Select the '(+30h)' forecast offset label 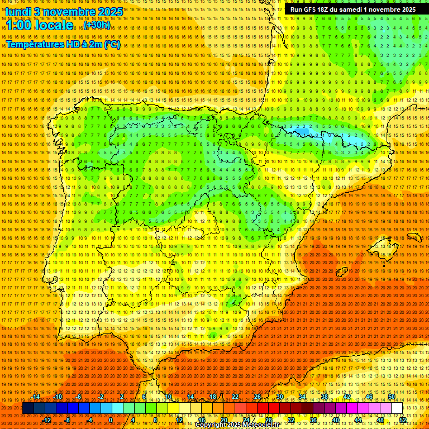97,26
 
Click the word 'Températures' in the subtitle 35,44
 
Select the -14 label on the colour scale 36,397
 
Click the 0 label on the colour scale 111,420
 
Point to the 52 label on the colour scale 403,420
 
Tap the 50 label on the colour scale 392,397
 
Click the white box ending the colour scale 397,408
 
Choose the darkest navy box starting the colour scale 28,408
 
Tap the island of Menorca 414,237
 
